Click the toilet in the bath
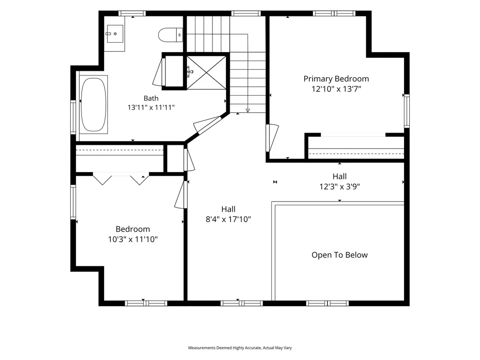click(x=171, y=35)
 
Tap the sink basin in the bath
click(x=114, y=33)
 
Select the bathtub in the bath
click(x=94, y=105)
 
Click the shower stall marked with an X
click(x=206, y=73)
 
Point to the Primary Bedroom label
click(x=336, y=79)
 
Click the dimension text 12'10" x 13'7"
click(x=336, y=89)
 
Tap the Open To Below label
click(x=339, y=255)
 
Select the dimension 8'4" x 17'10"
click(x=228, y=219)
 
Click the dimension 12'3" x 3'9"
click(x=339, y=187)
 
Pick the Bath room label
click(x=151, y=98)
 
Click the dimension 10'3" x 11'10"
click(x=133, y=239)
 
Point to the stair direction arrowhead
click(x=247, y=111)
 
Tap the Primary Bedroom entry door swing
click(x=272, y=138)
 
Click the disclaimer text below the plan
click(x=240, y=348)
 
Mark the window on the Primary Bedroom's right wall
click(x=407, y=111)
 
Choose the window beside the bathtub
click(x=73, y=117)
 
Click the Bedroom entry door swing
click(x=181, y=195)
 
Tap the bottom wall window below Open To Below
click(x=327, y=303)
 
